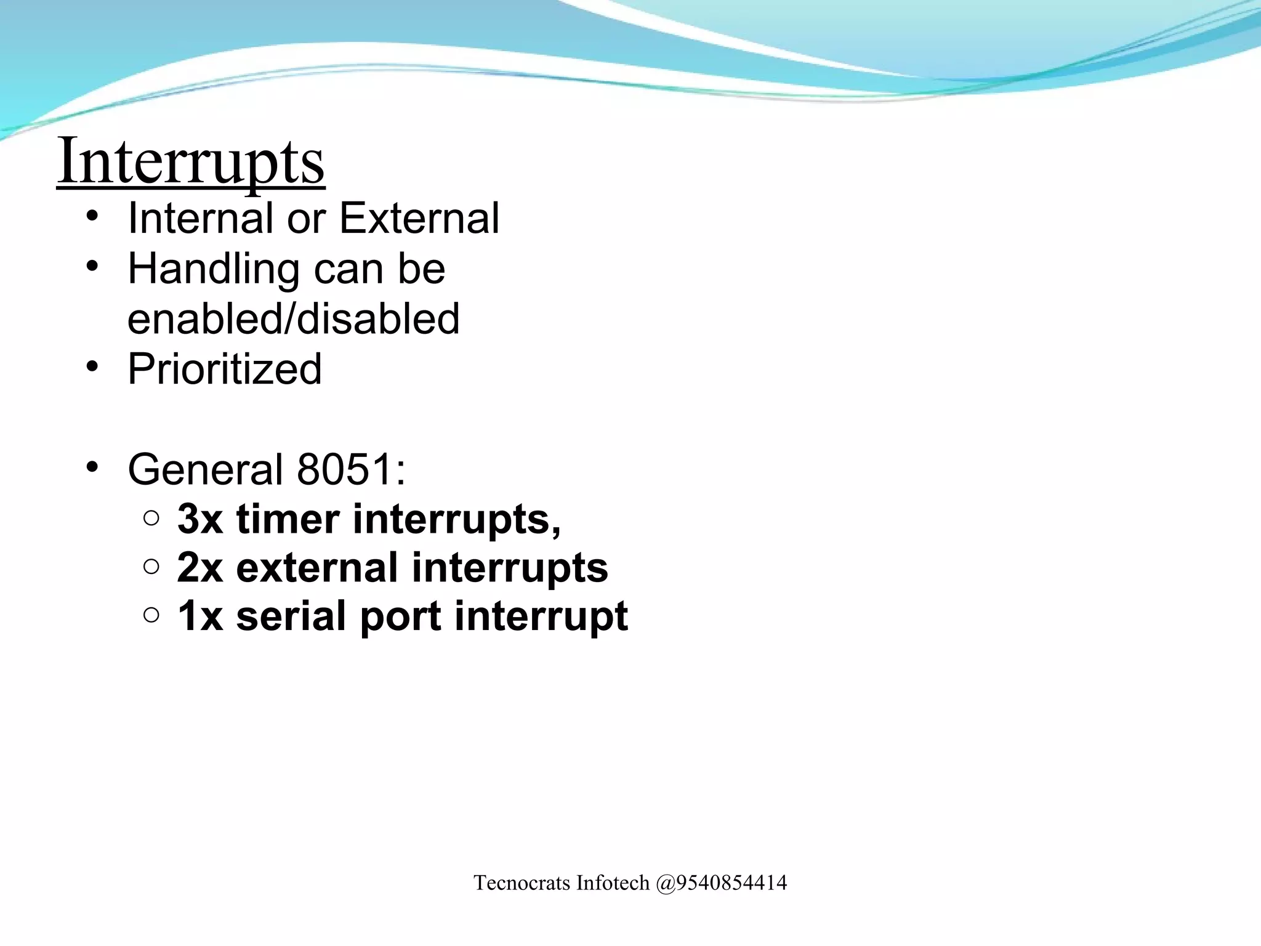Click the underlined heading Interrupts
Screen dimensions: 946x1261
click(x=191, y=162)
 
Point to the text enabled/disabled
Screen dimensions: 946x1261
click(x=293, y=318)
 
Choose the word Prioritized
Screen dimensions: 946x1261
click(x=225, y=369)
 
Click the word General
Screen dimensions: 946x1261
click(x=205, y=469)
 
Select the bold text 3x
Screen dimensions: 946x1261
click(x=199, y=519)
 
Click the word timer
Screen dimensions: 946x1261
click(x=288, y=519)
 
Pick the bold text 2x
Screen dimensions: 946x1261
click(x=199, y=567)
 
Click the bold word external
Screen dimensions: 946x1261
click(x=317, y=567)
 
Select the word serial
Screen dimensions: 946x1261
click(x=291, y=616)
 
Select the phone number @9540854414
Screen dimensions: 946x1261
click(x=721, y=883)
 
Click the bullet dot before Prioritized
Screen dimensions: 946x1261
click(x=92, y=367)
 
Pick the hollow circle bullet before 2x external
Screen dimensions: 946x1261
click(x=151, y=567)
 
